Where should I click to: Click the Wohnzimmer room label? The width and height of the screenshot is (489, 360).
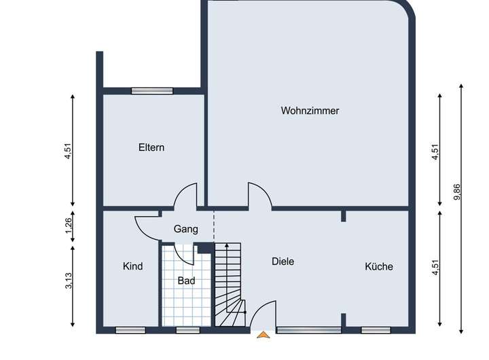pyautogui.click(x=310, y=111)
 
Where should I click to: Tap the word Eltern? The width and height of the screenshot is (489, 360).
pyautogui.click(x=151, y=147)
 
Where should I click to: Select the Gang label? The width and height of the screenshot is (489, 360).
pyautogui.click(x=185, y=229)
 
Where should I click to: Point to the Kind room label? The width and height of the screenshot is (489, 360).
pyautogui.click(x=132, y=266)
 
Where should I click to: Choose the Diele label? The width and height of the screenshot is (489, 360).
pyautogui.click(x=283, y=261)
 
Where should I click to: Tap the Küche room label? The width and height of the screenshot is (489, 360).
pyautogui.click(x=379, y=266)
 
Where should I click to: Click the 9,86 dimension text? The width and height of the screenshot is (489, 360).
pyautogui.click(x=458, y=192)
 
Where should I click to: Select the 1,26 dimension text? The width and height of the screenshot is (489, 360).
pyautogui.click(x=69, y=225)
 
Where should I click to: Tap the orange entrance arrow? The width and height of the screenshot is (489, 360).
pyautogui.click(x=262, y=334)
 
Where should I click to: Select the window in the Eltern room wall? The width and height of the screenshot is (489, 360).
pyautogui.click(x=152, y=90)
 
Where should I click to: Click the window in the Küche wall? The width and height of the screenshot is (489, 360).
pyautogui.click(x=376, y=330)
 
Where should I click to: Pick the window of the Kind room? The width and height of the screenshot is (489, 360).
pyautogui.click(x=130, y=330)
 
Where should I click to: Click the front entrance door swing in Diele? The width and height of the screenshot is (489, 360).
pyautogui.click(x=264, y=314)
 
